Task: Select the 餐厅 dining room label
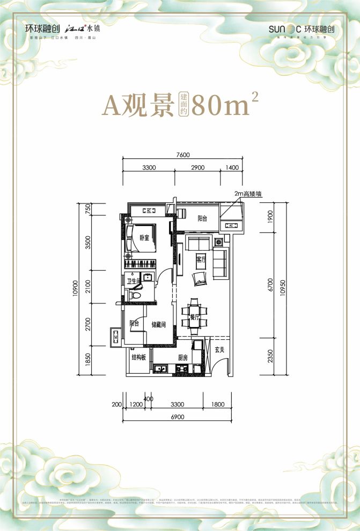click(194, 317)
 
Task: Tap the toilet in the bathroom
click(135, 295)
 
